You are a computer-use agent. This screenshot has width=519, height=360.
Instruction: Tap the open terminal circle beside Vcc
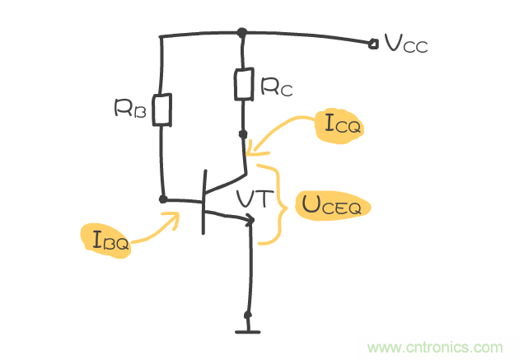click(373, 42)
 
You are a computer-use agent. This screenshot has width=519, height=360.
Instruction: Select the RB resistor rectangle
click(164, 110)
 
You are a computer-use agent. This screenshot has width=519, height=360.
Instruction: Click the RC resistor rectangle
click(242, 84)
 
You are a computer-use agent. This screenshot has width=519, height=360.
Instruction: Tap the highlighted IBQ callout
click(106, 241)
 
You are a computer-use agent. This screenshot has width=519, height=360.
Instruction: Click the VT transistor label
click(252, 199)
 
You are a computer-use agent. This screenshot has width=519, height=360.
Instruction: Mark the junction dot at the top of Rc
click(241, 33)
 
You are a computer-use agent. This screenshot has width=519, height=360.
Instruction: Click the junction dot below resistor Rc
click(243, 132)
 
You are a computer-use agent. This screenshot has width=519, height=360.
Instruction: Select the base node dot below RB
click(163, 199)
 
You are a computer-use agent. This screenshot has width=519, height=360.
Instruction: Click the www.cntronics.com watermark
click(435, 347)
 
